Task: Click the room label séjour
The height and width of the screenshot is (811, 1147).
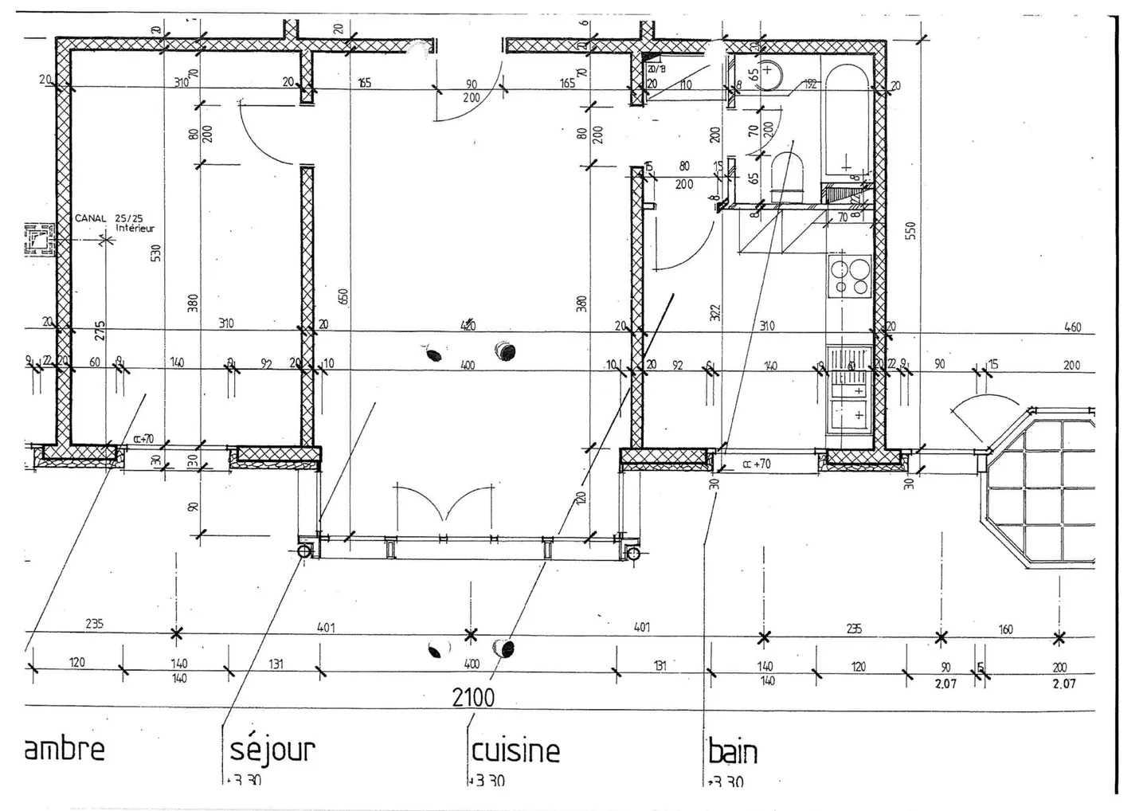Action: click(x=272, y=750)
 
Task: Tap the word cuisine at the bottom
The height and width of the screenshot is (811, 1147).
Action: click(x=515, y=751)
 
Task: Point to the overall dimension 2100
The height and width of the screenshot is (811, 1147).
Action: click(x=473, y=698)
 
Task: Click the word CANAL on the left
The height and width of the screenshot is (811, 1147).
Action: click(x=91, y=218)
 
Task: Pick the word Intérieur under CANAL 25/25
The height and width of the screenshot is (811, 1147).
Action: click(x=135, y=229)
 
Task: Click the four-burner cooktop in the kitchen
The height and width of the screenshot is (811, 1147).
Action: click(x=850, y=276)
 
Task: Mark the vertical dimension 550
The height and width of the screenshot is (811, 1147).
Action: click(x=911, y=230)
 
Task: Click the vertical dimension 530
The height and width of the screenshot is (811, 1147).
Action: click(x=156, y=253)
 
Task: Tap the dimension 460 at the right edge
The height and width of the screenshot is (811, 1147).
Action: click(x=1072, y=327)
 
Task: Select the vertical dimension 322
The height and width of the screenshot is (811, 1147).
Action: click(x=714, y=312)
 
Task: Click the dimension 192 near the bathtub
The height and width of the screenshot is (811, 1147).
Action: click(x=810, y=84)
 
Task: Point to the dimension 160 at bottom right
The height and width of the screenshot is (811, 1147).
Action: click(x=1005, y=629)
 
